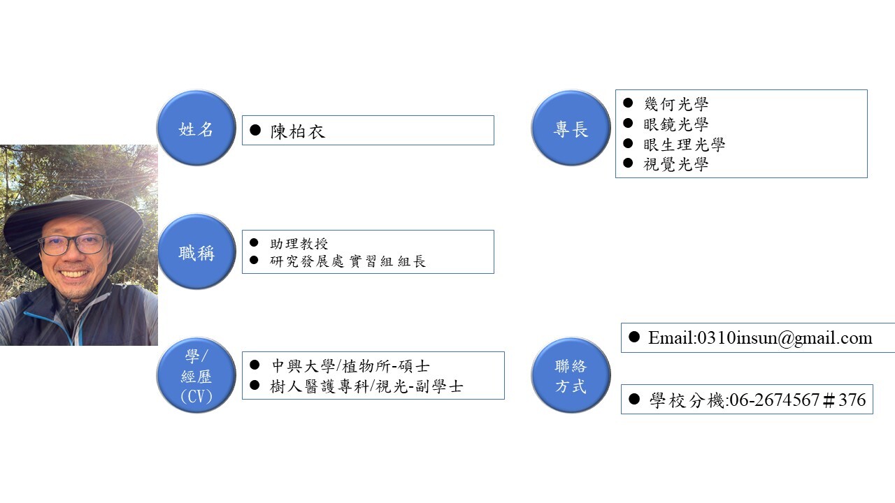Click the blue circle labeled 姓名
tap(196, 129)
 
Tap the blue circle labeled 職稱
tap(196, 252)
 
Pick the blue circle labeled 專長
tap(571, 129)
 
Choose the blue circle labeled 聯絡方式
tap(571, 376)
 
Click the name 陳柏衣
tap(298, 131)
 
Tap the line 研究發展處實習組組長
tap(348, 262)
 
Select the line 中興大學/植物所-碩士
tap(350, 365)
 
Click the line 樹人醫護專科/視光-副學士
tap(366, 386)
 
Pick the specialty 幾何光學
tap(675, 104)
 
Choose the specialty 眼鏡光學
tap(675, 124)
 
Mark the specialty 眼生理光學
tap(684, 145)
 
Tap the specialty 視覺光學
tap(675, 165)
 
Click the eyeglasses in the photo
tap(73, 244)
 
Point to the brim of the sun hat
tap(28, 231)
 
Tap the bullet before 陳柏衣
tap(255, 131)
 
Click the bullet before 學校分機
tap(634, 399)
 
